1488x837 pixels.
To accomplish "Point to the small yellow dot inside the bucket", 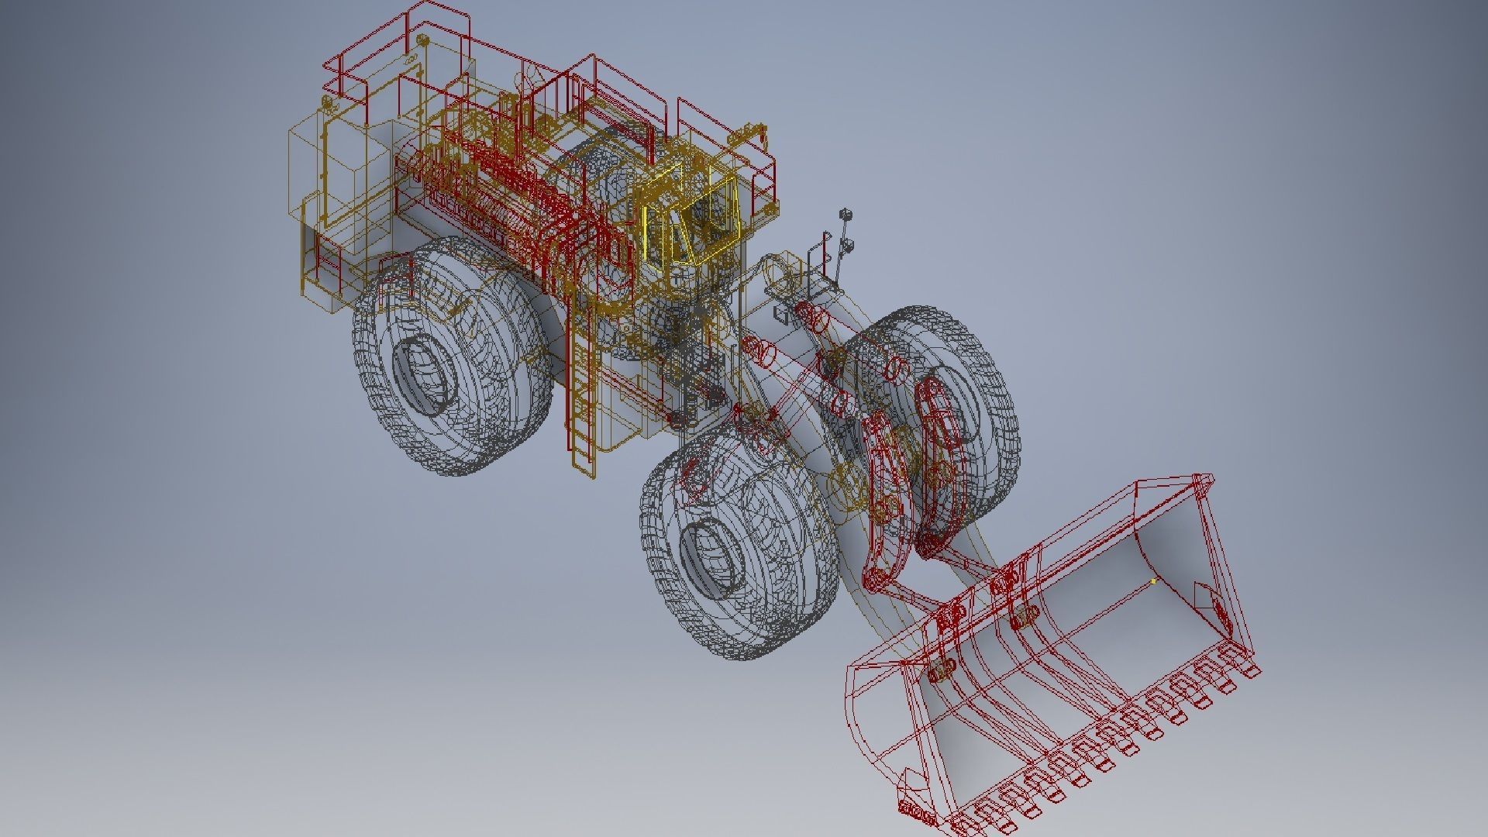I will (x=1153, y=580).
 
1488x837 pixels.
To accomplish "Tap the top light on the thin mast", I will (x=846, y=215).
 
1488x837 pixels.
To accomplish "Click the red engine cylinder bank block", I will (x=496, y=194).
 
